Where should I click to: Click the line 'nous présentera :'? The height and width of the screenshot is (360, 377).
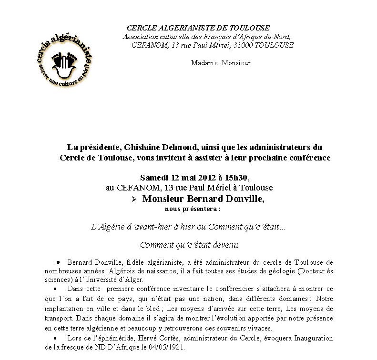pyautogui.click(x=193, y=209)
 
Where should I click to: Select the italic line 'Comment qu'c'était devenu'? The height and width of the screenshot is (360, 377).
pyautogui.click(x=189, y=245)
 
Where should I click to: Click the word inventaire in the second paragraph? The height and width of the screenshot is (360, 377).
pyautogui.click(x=173, y=289)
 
